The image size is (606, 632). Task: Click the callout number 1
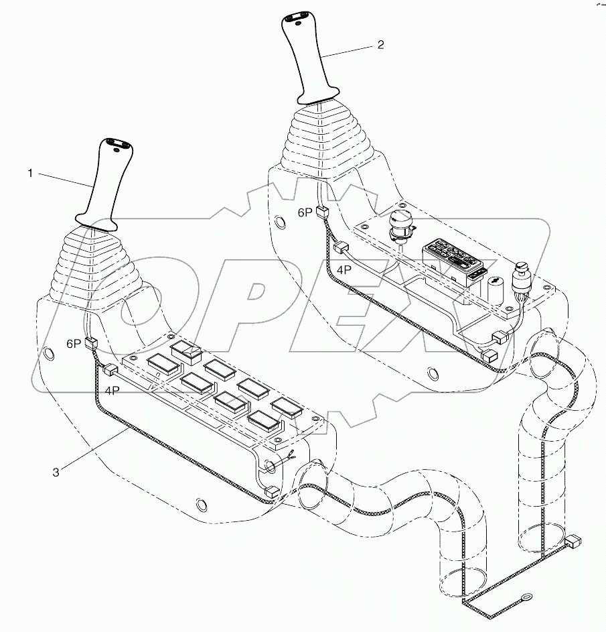point(29,174)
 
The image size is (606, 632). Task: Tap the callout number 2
point(381,45)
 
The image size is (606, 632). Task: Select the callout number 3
point(56,472)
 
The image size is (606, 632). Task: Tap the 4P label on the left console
point(111,391)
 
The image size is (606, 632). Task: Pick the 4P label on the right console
point(344,269)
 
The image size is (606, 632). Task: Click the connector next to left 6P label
point(92,344)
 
